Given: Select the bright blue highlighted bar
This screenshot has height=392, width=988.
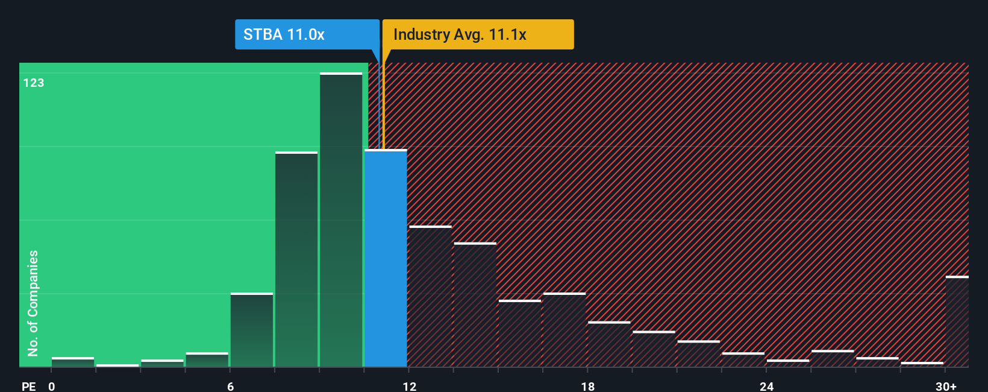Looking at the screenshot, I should pyautogui.click(x=386, y=259).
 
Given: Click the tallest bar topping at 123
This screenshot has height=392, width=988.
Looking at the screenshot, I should pyautogui.click(x=341, y=220).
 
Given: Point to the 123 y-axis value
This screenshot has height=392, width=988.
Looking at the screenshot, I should pyautogui.click(x=34, y=83).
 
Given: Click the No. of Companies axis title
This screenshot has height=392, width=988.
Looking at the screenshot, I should pyautogui.click(x=33, y=303).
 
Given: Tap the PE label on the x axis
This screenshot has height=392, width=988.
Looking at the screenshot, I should pyautogui.click(x=29, y=386).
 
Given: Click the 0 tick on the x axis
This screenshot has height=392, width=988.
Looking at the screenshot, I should pyautogui.click(x=52, y=386).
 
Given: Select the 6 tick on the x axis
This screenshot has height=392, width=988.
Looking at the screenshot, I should pyautogui.click(x=231, y=386).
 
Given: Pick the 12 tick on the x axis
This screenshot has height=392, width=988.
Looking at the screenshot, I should pyautogui.click(x=410, y=386).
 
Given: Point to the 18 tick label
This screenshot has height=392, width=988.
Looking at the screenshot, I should pyautogui.click(x=588, y=386).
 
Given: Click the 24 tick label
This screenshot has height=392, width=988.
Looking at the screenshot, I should pyautogui.click(x=766, y=386).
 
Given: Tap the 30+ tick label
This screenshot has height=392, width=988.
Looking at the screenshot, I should pyautogui.click(x=946, y=386).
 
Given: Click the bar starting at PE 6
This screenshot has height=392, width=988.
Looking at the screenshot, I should pyautogui.click(x=252, y=330).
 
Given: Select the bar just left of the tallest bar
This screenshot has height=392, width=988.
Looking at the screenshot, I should pyautogui.click(x=296, y=259).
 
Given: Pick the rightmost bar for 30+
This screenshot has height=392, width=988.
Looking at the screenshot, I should pyautogui.click(x=957, y=321).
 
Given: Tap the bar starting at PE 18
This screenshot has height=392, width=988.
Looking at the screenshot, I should pyautogui.click(x=609, y=344).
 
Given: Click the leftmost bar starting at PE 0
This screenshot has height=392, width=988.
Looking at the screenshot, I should pyautogui.click(x=73, y=362).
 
